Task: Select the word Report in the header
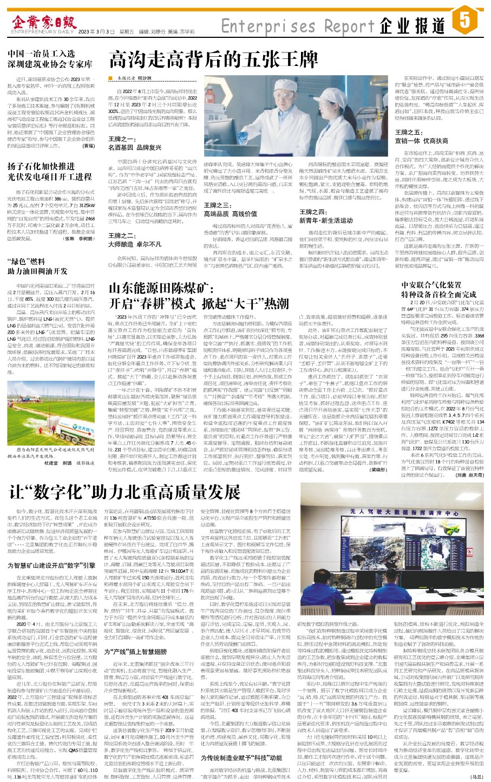click(347, 25)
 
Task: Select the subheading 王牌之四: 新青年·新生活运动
click(330, 216)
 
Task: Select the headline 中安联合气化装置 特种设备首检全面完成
click(431, 289)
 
